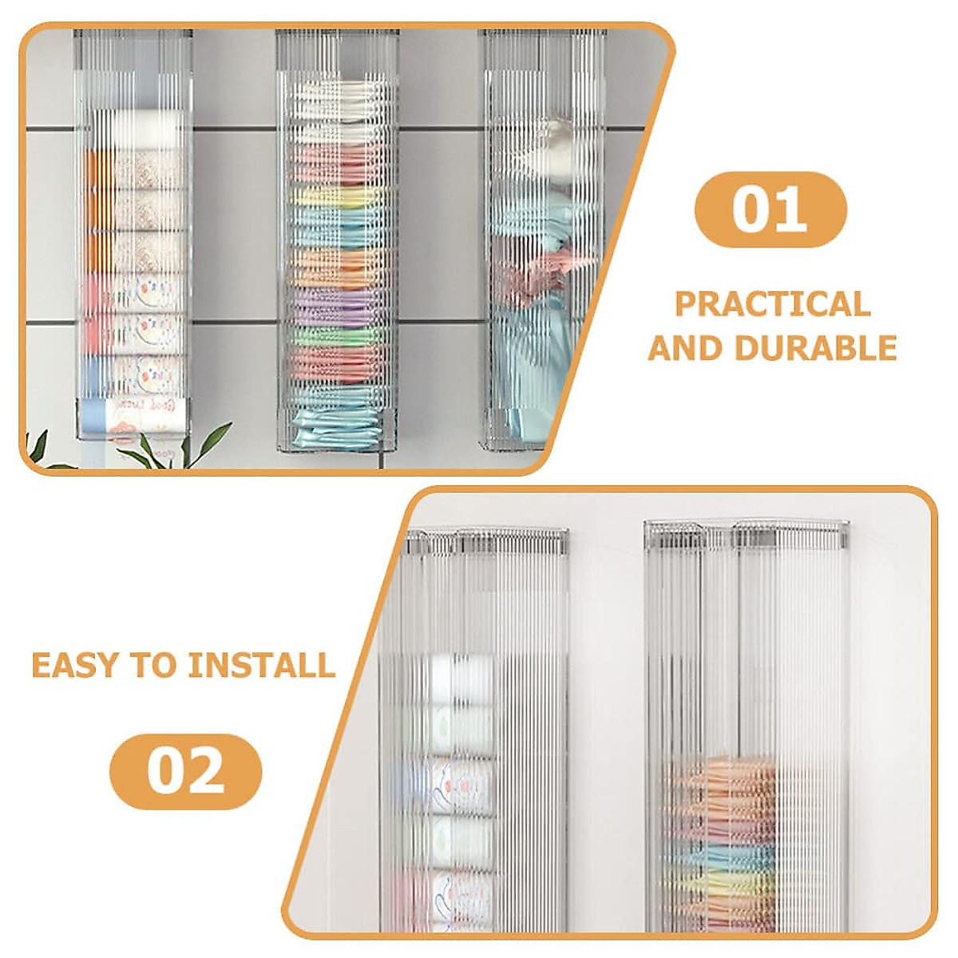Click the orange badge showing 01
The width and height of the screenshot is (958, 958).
coord(770,210)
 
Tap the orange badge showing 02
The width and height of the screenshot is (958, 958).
coord(185,771)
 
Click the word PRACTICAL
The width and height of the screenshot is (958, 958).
coord(772,304)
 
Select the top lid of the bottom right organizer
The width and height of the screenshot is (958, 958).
coord(746,533)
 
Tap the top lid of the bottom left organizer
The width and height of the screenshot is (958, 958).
coord(487,540)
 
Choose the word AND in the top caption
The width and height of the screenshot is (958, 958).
coord(685,348)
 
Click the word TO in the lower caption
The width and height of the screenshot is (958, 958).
coord(155,665)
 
